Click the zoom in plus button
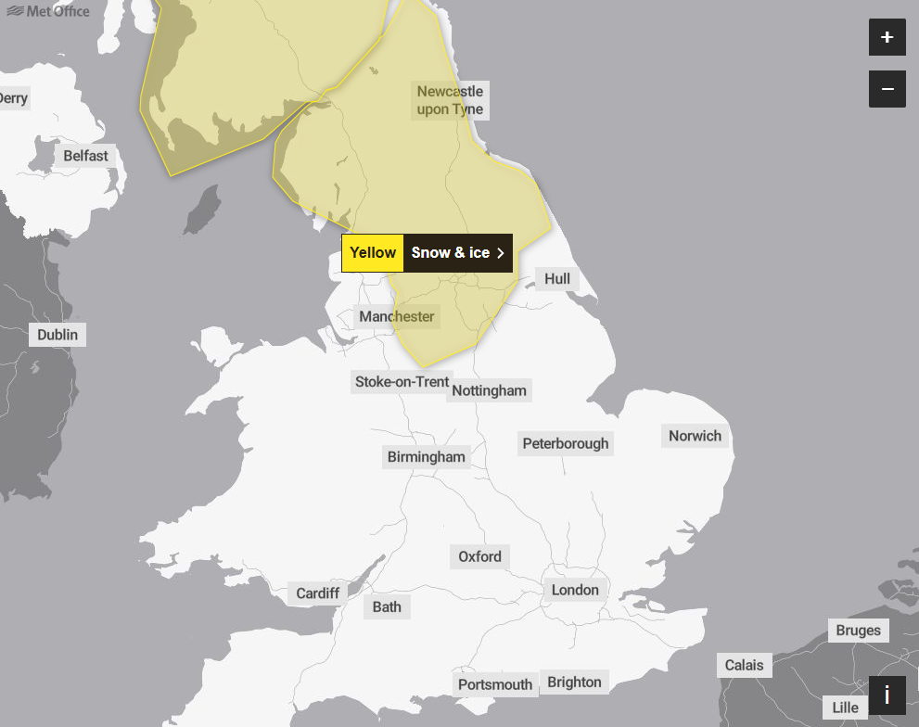887,37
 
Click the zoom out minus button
887,89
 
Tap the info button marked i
887,695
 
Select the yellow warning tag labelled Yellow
373,253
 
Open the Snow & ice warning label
458,253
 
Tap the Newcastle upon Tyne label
450,100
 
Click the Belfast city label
85,156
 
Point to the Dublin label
57,335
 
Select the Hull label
557,279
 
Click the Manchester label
397,317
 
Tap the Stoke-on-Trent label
402,382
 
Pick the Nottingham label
489,390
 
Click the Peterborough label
566,443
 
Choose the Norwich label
695,436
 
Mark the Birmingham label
427,457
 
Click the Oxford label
479,556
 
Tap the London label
575,590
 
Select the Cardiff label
318,593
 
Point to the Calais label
744,665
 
